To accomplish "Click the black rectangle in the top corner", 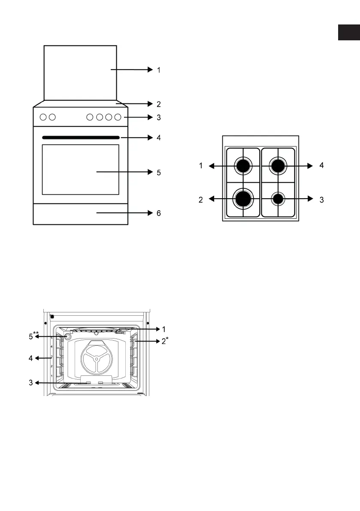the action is (349, 32).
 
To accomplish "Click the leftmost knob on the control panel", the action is (43, 117).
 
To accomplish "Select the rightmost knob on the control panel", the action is (118, 117).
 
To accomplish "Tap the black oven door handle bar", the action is (81, 138).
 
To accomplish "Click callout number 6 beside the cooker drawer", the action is (159, 213).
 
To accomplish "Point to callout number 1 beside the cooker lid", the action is (159, 70).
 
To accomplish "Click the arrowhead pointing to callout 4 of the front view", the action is (150, 138).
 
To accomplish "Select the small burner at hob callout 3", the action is (278, 199).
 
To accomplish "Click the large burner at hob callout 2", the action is (243, 199).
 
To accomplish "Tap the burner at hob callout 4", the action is (278, 166).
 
